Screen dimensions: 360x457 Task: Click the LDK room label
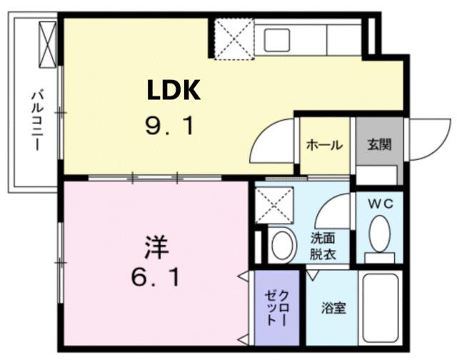click(x=174, y=91)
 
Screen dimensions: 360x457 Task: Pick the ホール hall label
click(x=323, y=145)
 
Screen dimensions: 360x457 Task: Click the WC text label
click(x=379, y=204)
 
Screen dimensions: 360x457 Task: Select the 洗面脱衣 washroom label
click(x=322, y=246)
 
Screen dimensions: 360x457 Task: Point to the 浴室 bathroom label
click(x=333, y=309)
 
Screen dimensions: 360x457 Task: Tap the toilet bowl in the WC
click(x=380, y=234)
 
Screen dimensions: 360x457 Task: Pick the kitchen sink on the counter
click(x=276, y=40)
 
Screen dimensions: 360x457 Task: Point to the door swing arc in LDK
click(x=275, y=139)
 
